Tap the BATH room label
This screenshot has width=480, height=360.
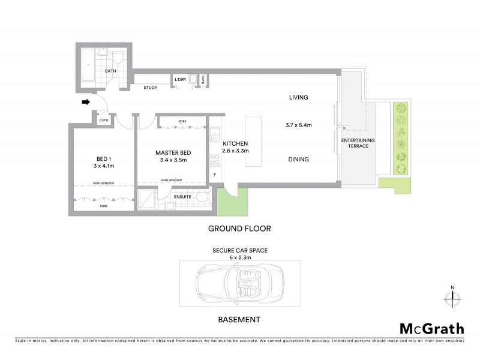point(110,71)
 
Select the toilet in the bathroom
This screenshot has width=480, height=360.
point(118,58)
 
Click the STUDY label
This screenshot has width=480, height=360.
point(151,88)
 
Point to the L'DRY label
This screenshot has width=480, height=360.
point(180,80)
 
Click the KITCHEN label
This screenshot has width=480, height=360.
point(235,144)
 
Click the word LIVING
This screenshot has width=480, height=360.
point(298,97)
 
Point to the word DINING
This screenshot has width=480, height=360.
point(298,160)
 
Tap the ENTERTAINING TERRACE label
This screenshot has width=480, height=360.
point(358,143)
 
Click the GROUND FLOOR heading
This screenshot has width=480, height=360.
point(239,229)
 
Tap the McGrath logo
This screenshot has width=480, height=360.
point(432,328)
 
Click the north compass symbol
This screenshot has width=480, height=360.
point(452,296)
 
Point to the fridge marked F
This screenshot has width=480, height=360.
point(215,175)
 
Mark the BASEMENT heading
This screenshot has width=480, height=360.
point(239,320)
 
